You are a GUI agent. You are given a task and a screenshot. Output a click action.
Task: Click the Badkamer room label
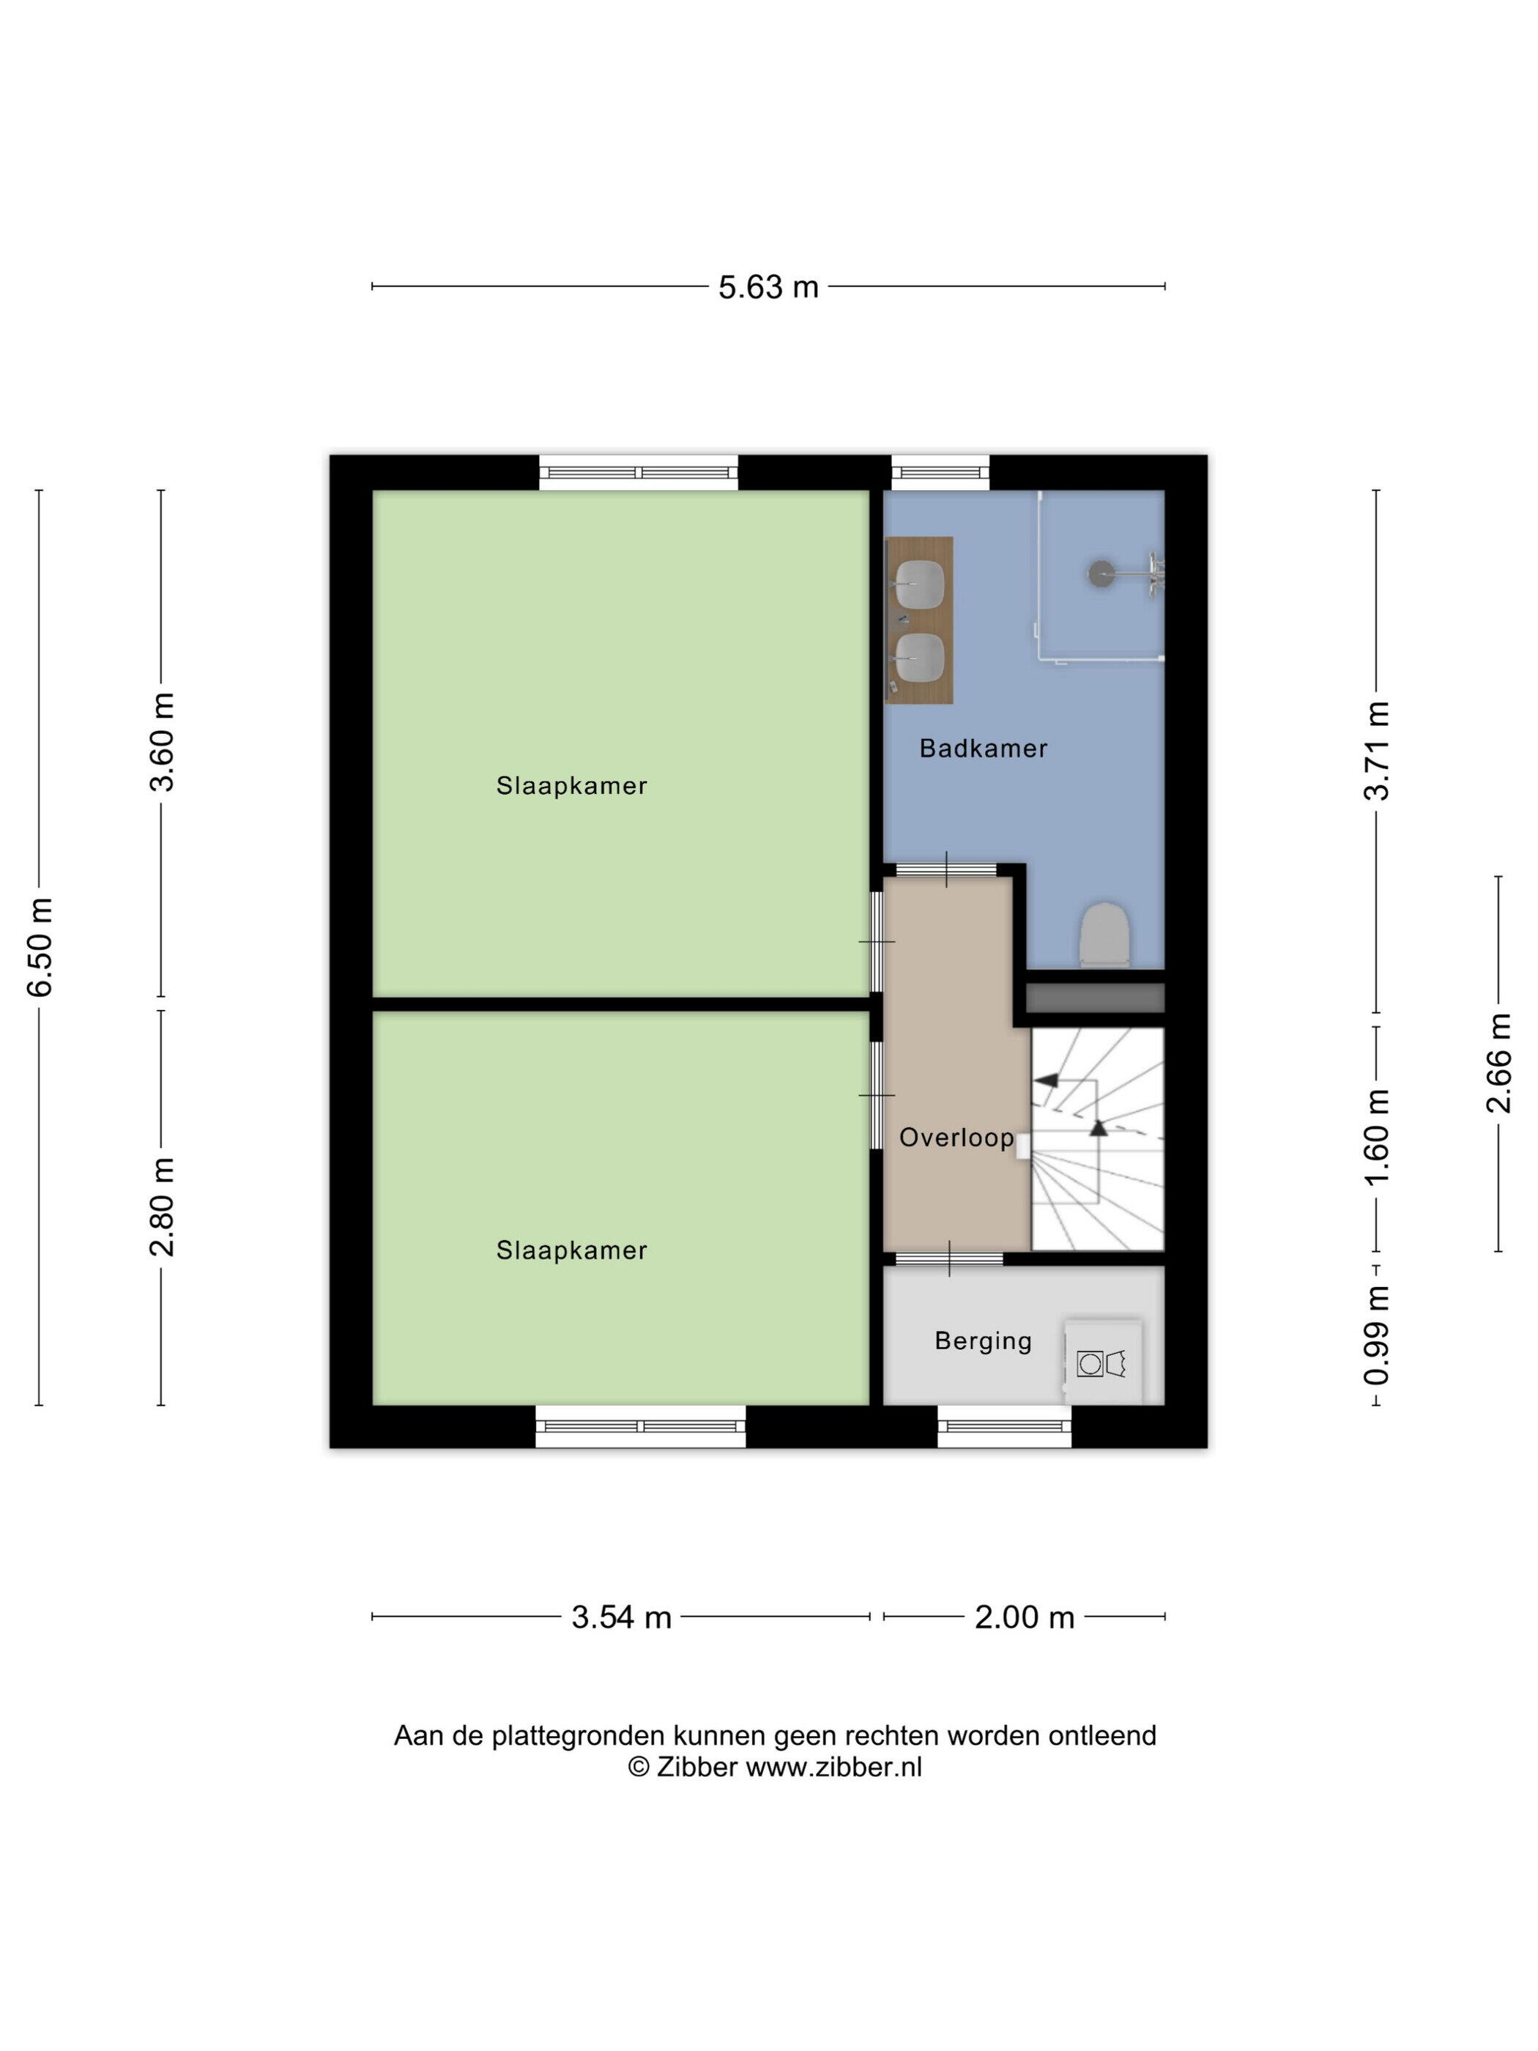click(983, 749)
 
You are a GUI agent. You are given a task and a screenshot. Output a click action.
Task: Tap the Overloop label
click(956, 1138)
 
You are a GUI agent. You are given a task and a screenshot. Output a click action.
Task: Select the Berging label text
click(983, 1340)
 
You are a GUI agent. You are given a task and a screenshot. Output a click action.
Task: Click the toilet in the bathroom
click(1104, 935)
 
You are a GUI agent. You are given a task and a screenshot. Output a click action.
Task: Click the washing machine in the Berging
click(1102, 1362)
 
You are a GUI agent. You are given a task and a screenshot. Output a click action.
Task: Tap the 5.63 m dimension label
click(768, 287)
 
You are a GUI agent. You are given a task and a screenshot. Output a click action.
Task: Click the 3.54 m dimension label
click(621, 1617)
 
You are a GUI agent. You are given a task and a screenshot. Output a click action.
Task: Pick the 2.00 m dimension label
click(1025, 1617)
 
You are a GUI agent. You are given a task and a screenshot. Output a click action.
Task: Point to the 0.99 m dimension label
click(1378, 1335)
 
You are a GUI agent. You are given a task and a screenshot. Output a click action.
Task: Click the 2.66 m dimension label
click(1499, 1064)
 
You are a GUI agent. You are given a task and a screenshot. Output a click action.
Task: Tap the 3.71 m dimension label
click(1378, 750)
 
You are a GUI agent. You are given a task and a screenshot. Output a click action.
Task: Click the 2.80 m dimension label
click(163, 1207)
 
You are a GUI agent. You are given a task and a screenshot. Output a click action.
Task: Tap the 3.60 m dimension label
click(163, 742)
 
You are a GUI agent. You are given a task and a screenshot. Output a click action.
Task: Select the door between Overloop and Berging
click(949, 1258)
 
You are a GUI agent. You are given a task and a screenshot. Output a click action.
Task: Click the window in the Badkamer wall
click(940, 473)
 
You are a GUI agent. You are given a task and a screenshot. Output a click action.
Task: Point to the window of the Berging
click(1005, 1426)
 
